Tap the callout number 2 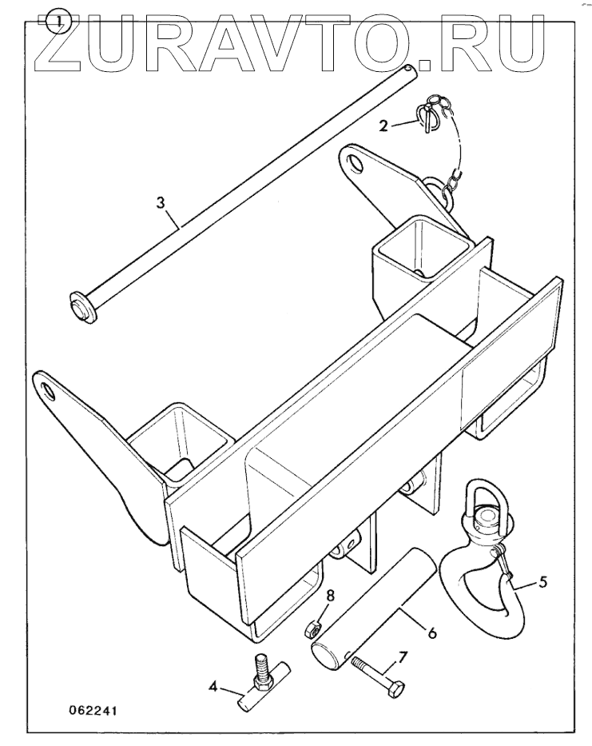point(383,125)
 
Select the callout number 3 point(161,203)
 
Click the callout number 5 point(542,582)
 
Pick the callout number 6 point(431,632)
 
